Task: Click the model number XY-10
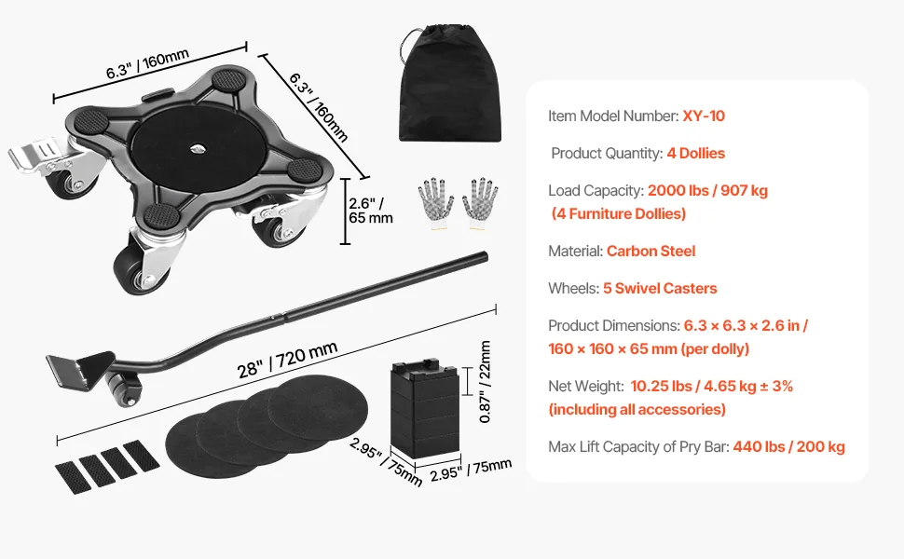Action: pos(704,116)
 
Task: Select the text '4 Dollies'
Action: pos(696,154)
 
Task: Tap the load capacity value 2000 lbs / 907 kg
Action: pos(707,191)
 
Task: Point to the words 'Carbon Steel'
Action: pos(651,252)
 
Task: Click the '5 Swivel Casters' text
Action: pos(660,288)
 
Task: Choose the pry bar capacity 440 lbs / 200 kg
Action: pos(788,446)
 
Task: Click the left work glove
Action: pos(435,203)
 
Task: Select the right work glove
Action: pos(480,203)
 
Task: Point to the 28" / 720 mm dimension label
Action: pos(287,360)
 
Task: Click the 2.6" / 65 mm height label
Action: pos(371,211)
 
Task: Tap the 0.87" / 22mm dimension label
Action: pos(485,381)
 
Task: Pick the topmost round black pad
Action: pos(318,407)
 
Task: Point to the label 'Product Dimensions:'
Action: pos(614,325)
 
